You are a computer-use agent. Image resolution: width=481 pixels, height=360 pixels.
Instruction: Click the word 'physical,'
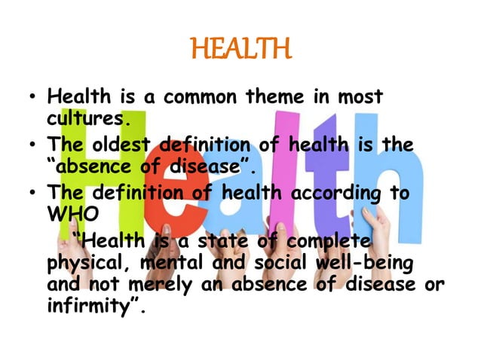point(93,264)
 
